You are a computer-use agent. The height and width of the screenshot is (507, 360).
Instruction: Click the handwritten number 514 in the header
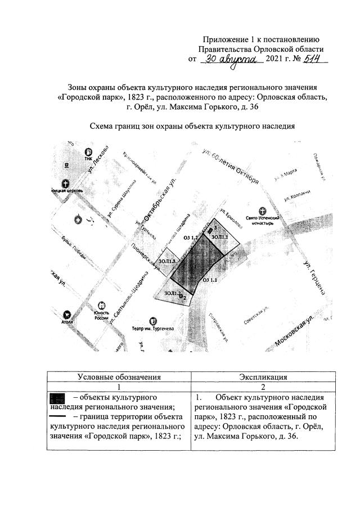(314, 59)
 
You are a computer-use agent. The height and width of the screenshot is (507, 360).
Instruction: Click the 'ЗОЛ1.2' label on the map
(173, 293)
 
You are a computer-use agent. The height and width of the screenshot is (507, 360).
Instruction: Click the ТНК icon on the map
(88, 151)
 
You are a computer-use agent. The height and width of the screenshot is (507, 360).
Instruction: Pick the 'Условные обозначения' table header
(119, 377)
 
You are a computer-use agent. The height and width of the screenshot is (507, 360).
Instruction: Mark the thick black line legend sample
(58, 416)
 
